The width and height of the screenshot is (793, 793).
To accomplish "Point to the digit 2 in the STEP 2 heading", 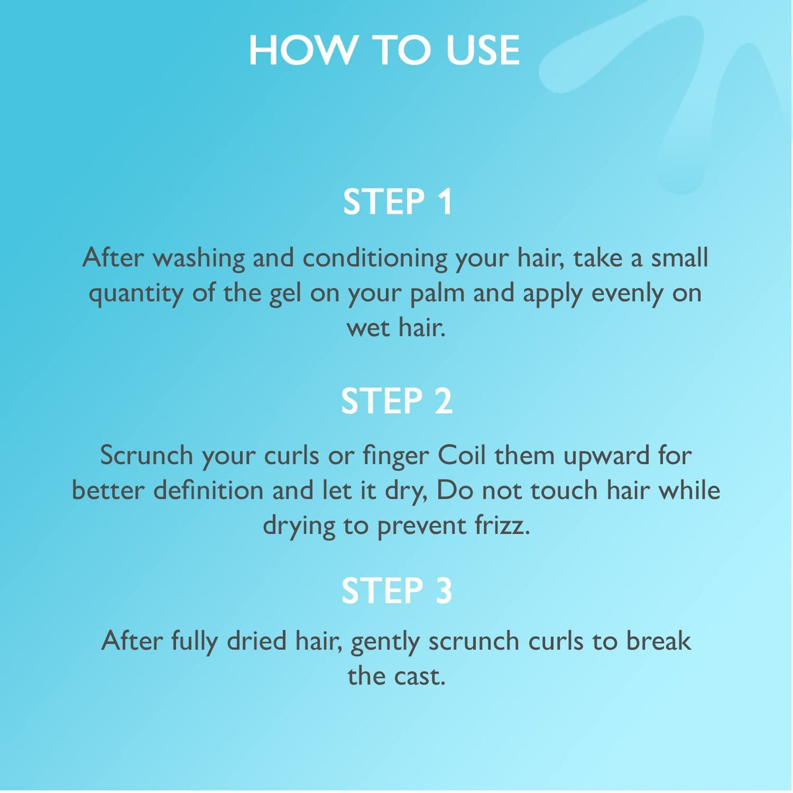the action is [x=442, y=401].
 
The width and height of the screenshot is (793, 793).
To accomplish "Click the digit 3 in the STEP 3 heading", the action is [x=442, y=590].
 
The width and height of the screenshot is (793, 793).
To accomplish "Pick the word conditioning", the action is [x=375, y=258].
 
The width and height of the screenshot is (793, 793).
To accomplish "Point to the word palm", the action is [x=437, y=294].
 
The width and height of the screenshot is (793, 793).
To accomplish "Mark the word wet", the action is [x=367, y=329].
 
